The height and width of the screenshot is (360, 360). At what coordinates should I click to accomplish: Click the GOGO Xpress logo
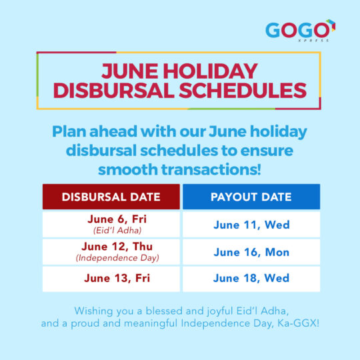click(x=300, y=31)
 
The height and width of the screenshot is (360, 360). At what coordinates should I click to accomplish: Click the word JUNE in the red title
click(x=130, y=71)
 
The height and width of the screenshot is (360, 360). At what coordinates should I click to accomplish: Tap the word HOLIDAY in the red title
click(x=210, y=71)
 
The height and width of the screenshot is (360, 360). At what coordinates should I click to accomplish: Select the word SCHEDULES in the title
click(x=243, y=90)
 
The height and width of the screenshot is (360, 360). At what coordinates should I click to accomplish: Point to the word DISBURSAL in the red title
click(x=114, y=90)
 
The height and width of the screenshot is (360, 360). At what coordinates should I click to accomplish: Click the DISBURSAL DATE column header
click(x=111, y=197)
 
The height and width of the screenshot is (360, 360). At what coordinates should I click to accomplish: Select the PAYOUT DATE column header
click(x=251, y=197)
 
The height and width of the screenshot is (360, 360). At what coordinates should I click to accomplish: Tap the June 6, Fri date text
click(x=117, y=219)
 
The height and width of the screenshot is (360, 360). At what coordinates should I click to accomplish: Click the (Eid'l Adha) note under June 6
click(x=117, y=230)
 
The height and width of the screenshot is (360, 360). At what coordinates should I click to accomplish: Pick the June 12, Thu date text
click(x=117, y=247)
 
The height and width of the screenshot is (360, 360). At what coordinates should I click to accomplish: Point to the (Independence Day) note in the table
click(x=117, y=258)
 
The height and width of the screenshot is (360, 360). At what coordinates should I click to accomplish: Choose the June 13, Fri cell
click(x=111, y=279)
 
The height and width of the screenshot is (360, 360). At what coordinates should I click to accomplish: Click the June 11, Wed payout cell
click(x=251, y=224)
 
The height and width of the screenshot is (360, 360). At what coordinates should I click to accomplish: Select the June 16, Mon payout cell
click(x=251, y=252)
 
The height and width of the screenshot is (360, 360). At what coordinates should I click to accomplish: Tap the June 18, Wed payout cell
click(x=251, y=279)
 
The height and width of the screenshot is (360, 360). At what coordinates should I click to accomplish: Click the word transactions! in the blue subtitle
click(x=211, y=169)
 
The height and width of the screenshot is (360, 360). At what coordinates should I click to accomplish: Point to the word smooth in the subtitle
click(x=128, y=169)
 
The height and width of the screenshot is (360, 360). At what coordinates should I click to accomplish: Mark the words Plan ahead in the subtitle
click(x=95, y=131)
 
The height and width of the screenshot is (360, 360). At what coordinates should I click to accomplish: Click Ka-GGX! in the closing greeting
click(x=298, y=323)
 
